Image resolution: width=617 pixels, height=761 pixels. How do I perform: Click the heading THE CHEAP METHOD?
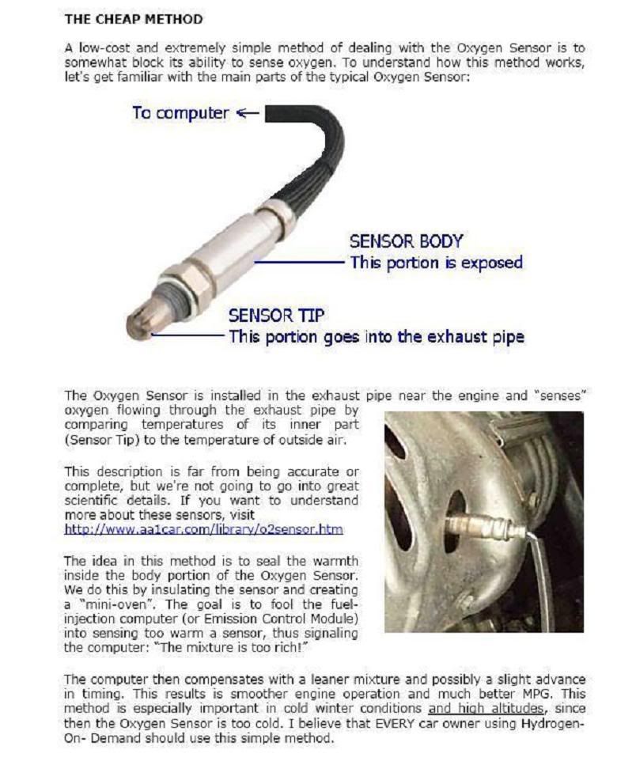click(133, 18)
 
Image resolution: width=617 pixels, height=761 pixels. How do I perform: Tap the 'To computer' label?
click(180, 112)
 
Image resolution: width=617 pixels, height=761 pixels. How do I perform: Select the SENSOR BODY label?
click(406, 241)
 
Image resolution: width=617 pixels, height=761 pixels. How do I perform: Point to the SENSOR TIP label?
click(276, 316)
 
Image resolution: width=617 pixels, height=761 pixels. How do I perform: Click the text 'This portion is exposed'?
click(436, 262)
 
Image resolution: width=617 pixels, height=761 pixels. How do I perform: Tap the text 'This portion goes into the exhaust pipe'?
click(376, 336)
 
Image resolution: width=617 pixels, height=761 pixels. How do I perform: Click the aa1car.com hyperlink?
click(203, 529)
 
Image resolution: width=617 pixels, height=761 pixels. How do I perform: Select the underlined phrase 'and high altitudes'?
click(485, 709)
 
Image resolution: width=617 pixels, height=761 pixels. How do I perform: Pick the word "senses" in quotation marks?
click(556, 395)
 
